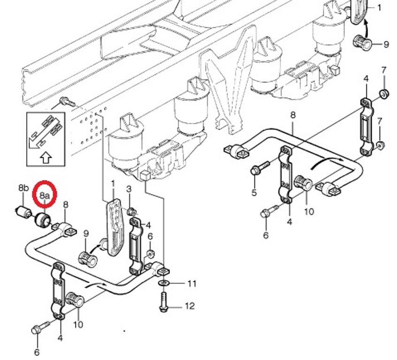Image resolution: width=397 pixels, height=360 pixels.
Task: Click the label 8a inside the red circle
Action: coord(44,194)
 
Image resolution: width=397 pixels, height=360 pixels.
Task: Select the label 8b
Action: coord(23,188)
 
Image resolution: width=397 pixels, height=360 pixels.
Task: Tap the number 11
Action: coord(191,284)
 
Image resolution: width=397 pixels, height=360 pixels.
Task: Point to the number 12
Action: coord(190,307)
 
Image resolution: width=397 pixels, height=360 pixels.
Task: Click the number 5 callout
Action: coord(254,193)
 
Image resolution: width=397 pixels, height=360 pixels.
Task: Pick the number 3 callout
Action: coord(129,189)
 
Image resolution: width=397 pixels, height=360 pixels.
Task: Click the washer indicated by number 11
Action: coord(163,284)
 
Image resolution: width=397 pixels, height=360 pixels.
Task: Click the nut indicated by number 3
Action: coord(132,211)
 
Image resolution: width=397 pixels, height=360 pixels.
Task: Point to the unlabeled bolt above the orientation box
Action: coord(66,101)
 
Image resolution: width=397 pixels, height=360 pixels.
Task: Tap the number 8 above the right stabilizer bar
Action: coord(293,114)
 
